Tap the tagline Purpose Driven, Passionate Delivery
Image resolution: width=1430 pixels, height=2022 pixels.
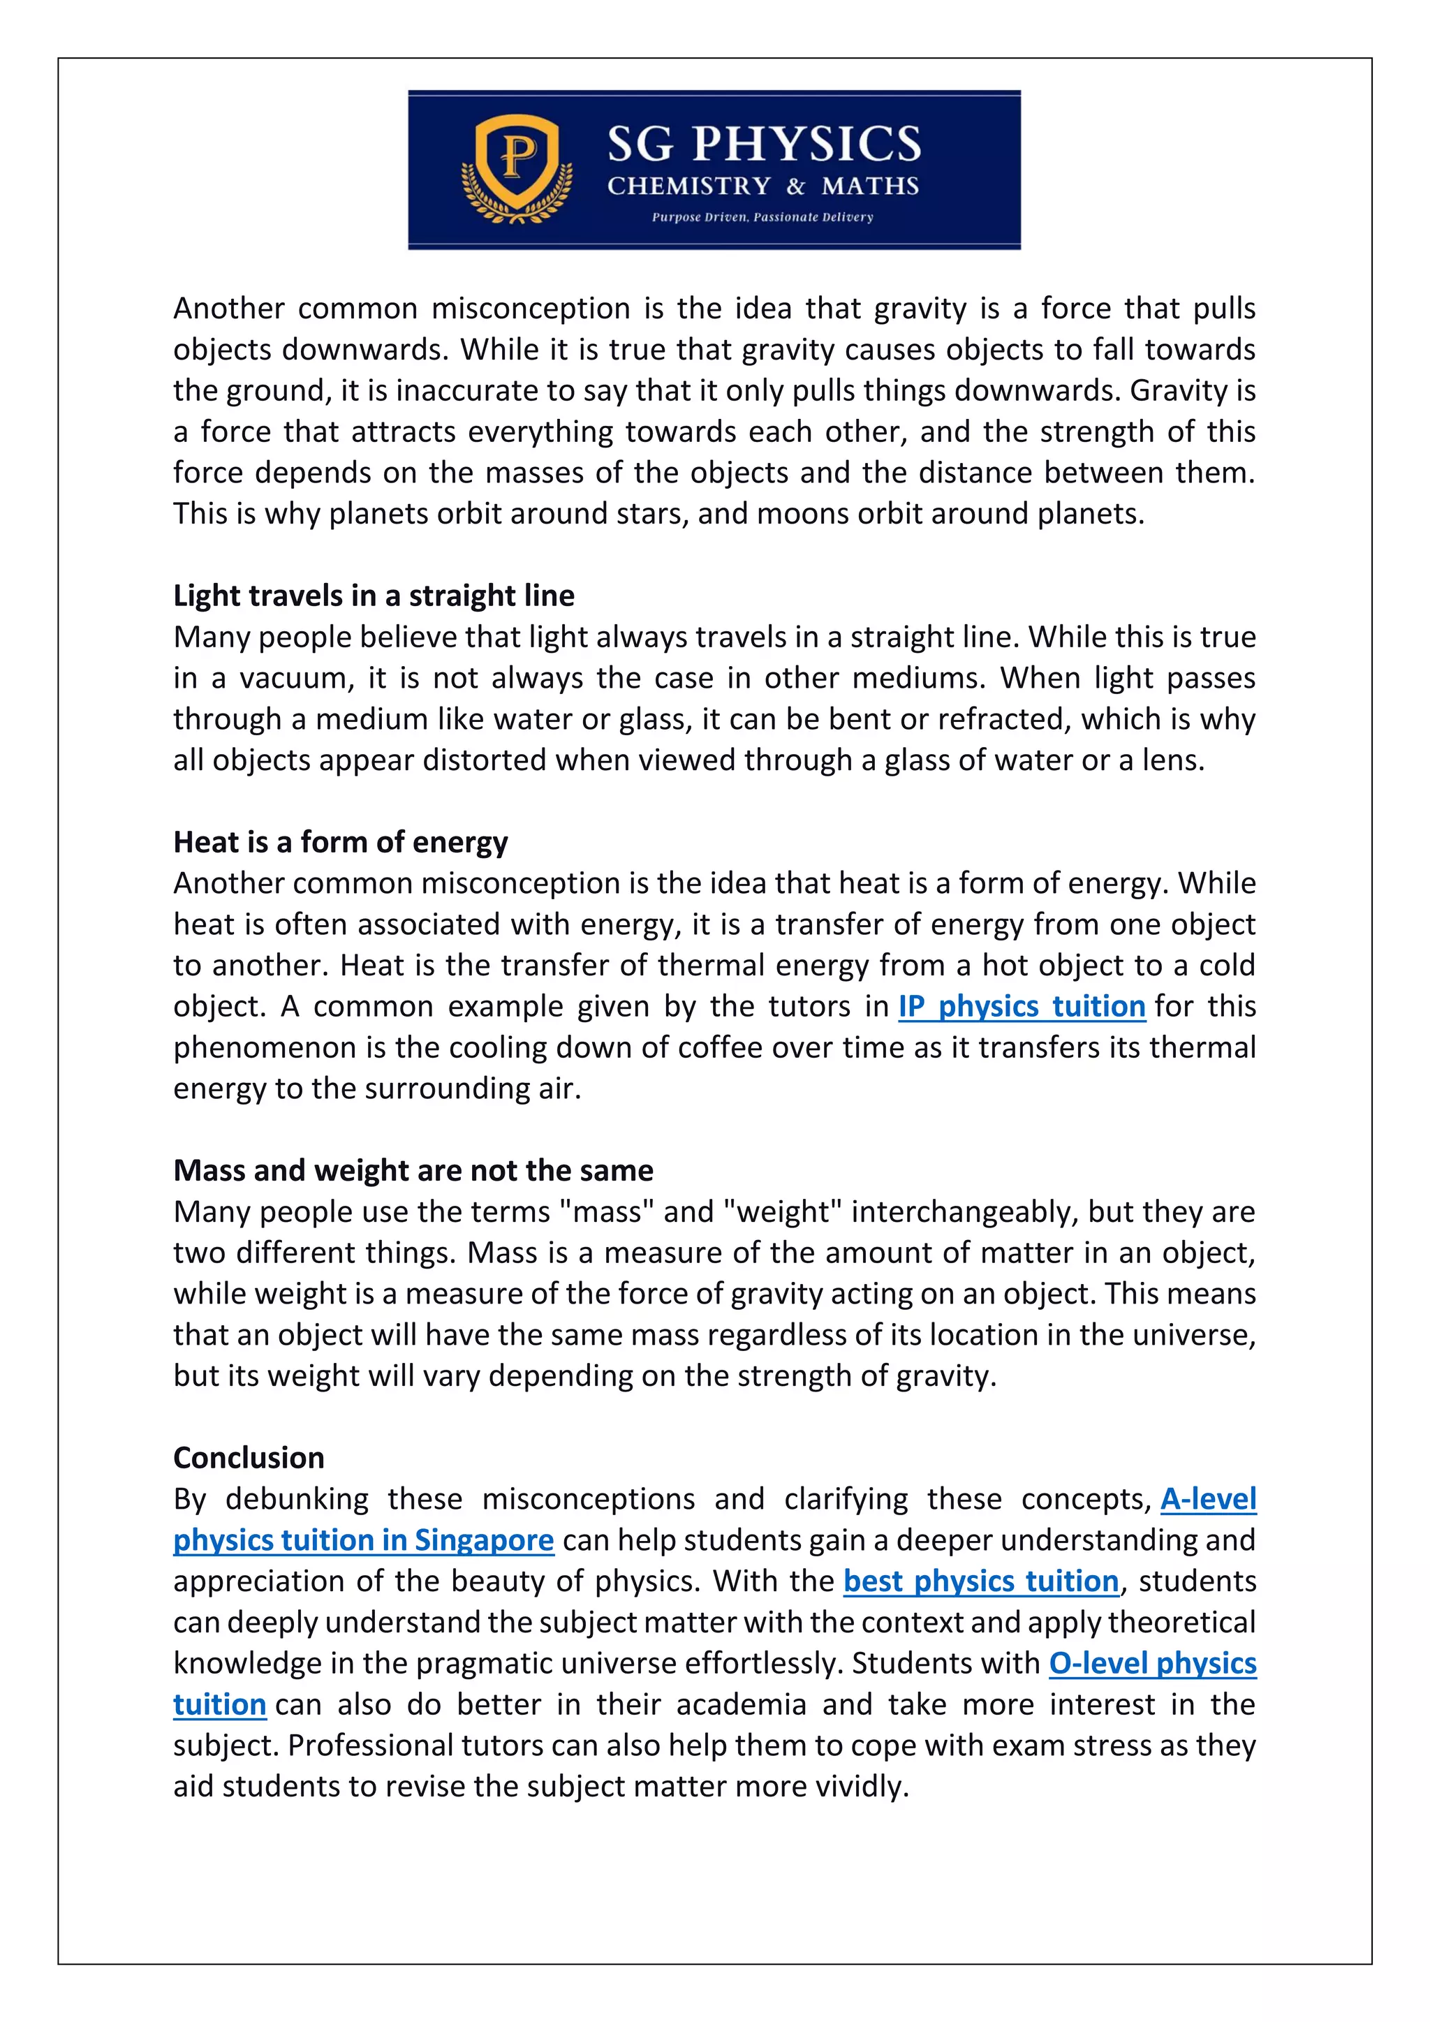click(762, 216)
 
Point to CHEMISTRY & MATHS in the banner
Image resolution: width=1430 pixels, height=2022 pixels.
click(762, 186)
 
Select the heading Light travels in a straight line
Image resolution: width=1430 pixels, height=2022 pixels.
click(374, 596)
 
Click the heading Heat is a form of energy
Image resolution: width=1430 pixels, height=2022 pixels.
click(340, 843)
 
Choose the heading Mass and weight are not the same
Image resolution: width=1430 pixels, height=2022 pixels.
click(413, 1170)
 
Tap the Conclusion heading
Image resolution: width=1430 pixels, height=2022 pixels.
click(249, 1457)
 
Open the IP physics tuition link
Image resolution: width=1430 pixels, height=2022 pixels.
click(1022, 1007)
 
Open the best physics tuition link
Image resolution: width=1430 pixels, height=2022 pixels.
click(980, 1581)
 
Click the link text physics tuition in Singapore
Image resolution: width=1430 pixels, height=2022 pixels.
click(363, 1540)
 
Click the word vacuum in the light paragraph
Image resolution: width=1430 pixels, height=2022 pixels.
click(294, 679)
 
